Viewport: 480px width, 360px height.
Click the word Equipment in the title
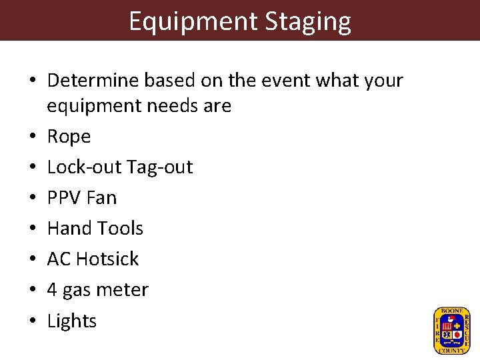(x=193, y=22)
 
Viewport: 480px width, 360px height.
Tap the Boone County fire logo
(x=451, y=330)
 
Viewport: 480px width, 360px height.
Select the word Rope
(x=69, y=137)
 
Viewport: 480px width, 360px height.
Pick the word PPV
(x=63, y=198)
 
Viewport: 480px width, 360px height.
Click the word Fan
(x=101, y=198)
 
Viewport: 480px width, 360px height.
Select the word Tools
(x=119, y=229)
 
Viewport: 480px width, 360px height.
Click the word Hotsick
(x=107, y=259)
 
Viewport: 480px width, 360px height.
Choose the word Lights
(x=72, y=321)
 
